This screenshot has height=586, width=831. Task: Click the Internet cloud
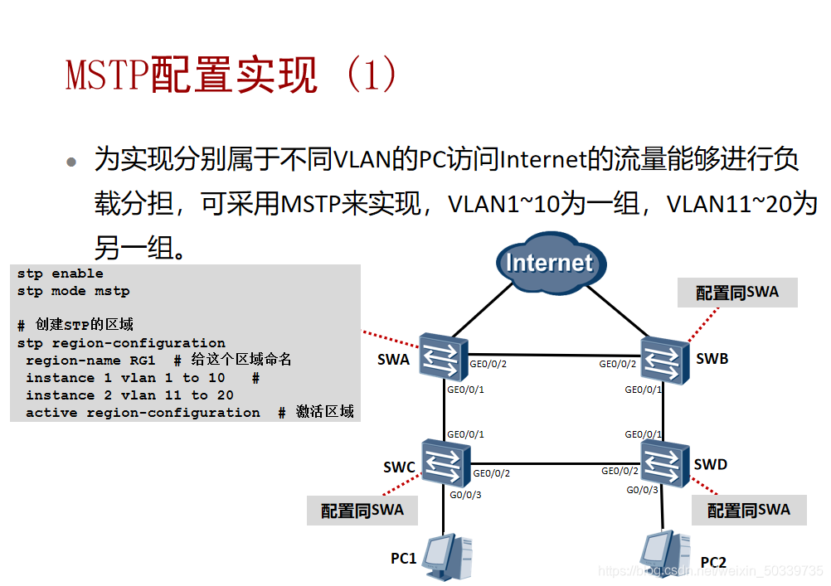tap(549, 264)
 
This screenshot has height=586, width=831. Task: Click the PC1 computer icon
tap(447, 555)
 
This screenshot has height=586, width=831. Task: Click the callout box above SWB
tap(737, 292)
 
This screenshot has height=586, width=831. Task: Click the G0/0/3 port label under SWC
tap(465, 495)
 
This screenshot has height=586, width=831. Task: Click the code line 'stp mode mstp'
tap(73, 291)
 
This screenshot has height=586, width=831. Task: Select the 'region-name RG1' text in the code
tap(90, 361)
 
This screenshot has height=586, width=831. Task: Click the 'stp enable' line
tap(60, 274)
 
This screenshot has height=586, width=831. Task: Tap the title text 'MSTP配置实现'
tap(192, 76)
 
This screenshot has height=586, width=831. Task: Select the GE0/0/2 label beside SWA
tap(488, 364)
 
